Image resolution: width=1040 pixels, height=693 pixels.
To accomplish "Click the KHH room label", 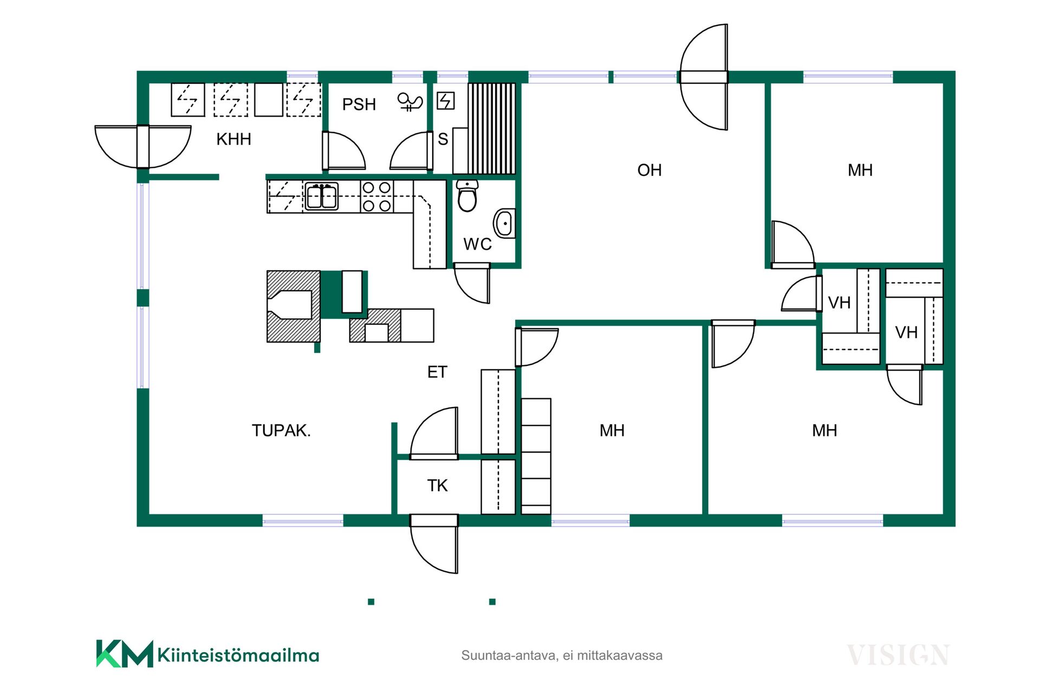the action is pyautogui.click(x=233, y=139).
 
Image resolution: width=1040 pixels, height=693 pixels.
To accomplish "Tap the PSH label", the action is pyautogui.click(x=359, y=104).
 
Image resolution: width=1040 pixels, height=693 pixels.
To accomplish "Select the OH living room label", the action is pyautogui.click(x=649, y=170).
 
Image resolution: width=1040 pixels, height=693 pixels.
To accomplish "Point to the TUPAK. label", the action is pyautogui.click(x=281, y=430).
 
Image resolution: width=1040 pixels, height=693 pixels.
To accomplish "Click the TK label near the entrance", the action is pyautogui.click(x=437, y=486).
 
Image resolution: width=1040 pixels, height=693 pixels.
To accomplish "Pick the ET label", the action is pyautogui.click(x=437, y=372).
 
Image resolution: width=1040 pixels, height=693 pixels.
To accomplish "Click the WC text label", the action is pyautogui.click(x=477, y=244).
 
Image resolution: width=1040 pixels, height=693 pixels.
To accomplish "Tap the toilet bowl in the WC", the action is pyautogui.click(x=467, y=195).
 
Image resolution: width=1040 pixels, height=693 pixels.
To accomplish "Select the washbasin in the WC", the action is pyautogui.click(x=504, y=223).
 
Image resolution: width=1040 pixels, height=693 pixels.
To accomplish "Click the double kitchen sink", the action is pyautogui.click(x=322, y=195).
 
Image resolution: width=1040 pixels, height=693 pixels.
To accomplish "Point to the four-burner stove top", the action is pyautogui.click(x=376, y=197).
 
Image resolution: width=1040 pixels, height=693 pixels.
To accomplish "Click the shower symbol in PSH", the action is pyautogui.click(x=409, y=101).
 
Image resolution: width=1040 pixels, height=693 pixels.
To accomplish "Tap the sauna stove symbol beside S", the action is pyautogui.click(x=445, y=101).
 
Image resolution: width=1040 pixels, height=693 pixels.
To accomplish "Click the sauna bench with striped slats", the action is pyautogui.click(x=491, y=128).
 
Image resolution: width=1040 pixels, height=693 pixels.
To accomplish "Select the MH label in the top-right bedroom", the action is pyautogui.click(x=860, y=170).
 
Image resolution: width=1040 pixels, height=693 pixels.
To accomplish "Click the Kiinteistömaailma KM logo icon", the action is pyautogui.click(x=125, y=653).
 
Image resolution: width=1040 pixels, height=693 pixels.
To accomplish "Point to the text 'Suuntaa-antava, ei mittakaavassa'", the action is pyautogui.click(x=562, y=655).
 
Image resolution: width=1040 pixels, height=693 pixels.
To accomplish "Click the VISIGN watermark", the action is pyautogui.click(x=898, y=655).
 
